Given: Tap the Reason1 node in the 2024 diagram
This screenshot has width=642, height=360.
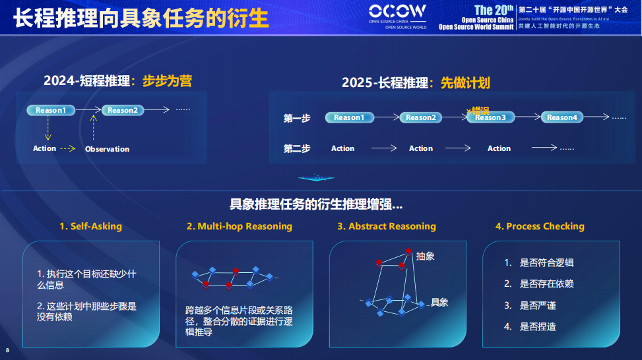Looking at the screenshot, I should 51,110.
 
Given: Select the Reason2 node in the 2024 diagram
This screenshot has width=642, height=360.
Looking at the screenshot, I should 122,110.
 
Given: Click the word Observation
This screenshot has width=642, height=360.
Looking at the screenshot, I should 107,149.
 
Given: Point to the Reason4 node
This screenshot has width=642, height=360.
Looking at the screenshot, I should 562,117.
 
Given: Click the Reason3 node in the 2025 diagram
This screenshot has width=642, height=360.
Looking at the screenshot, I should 490,117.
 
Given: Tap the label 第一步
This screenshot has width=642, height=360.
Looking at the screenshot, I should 297,118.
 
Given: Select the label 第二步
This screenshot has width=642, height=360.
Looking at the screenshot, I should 297,148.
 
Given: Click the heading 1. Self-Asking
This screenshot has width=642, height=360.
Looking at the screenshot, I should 90,226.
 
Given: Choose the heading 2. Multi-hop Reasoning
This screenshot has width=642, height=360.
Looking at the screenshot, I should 240,226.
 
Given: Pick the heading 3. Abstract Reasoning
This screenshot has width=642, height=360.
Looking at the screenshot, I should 387,226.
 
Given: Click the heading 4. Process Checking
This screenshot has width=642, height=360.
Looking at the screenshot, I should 540,226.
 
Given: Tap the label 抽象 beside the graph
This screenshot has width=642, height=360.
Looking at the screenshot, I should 426,256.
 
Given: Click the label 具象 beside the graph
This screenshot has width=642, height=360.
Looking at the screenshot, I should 439,302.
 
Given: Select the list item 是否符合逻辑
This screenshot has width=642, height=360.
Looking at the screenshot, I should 546,262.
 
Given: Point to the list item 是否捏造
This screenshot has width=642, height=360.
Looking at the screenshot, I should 538,326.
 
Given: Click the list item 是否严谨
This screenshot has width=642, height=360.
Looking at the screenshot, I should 538,305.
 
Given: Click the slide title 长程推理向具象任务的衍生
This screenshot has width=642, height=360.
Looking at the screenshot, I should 141,18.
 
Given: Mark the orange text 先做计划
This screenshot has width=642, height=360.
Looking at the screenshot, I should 465,82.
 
